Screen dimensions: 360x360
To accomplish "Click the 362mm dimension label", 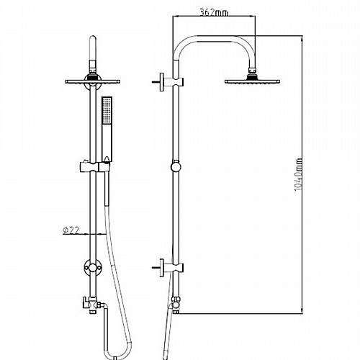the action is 214,12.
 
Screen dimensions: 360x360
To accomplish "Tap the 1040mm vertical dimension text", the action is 299,174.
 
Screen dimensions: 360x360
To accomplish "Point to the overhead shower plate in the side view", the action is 252,81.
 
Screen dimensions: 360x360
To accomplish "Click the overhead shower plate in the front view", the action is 93,81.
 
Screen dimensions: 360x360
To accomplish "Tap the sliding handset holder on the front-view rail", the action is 94,166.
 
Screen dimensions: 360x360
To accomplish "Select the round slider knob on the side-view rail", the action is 176,166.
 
